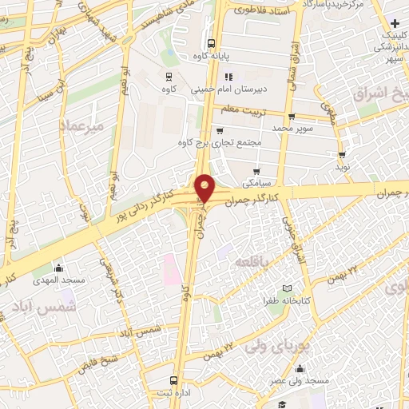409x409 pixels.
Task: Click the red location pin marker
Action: point(205,187)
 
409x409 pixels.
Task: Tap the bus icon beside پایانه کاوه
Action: point(210,45)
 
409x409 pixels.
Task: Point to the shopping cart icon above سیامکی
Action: point(256,171)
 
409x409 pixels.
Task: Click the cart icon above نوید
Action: point(342,155)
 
